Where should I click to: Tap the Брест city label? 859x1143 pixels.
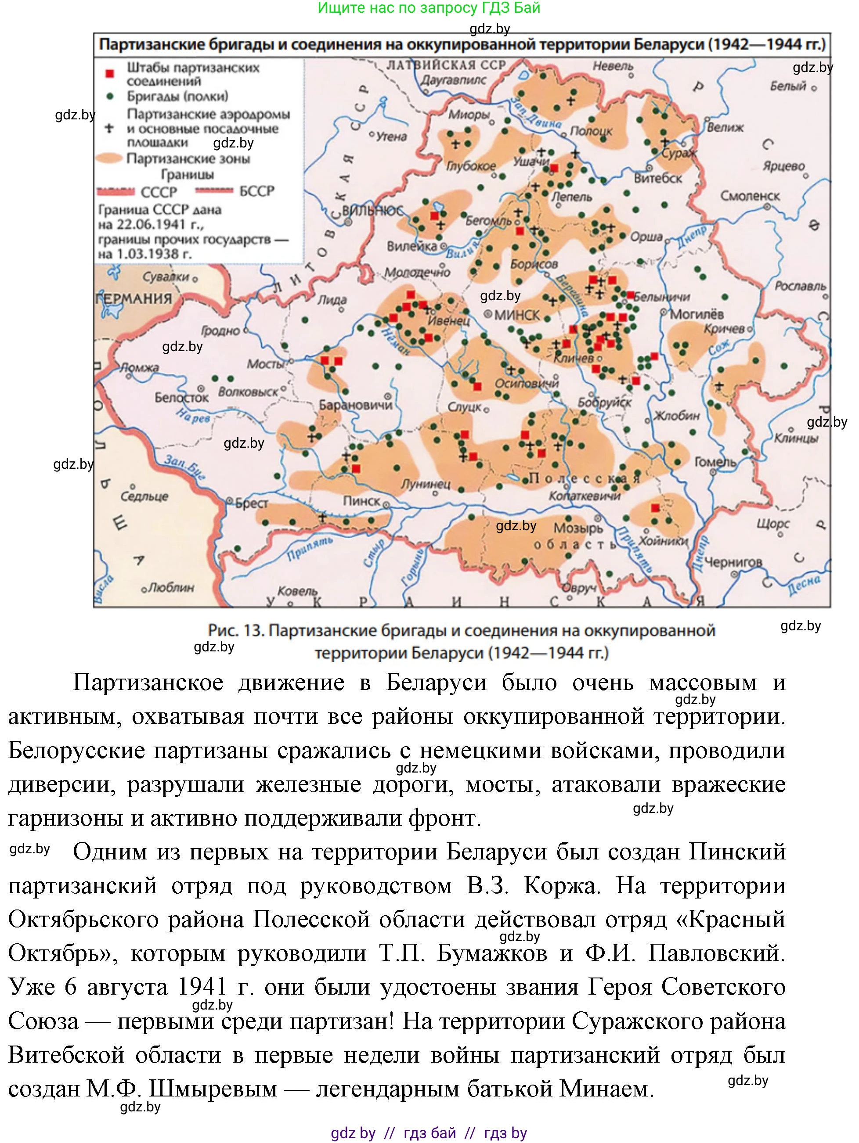point(252,503)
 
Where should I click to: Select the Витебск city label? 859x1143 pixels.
point(657,178)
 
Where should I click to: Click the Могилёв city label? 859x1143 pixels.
point(697,314)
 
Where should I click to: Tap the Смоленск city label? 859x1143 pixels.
point(750,196)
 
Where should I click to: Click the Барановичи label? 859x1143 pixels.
point(356,405)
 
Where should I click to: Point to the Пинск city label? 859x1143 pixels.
point(361,501)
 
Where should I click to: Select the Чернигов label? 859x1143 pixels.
point(733,562)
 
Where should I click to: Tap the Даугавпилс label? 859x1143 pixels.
point(453,80)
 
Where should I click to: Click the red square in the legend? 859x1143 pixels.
point(109,74)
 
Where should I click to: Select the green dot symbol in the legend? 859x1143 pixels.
point(109,97)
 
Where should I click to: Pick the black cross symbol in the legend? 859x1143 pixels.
point(109,128)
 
